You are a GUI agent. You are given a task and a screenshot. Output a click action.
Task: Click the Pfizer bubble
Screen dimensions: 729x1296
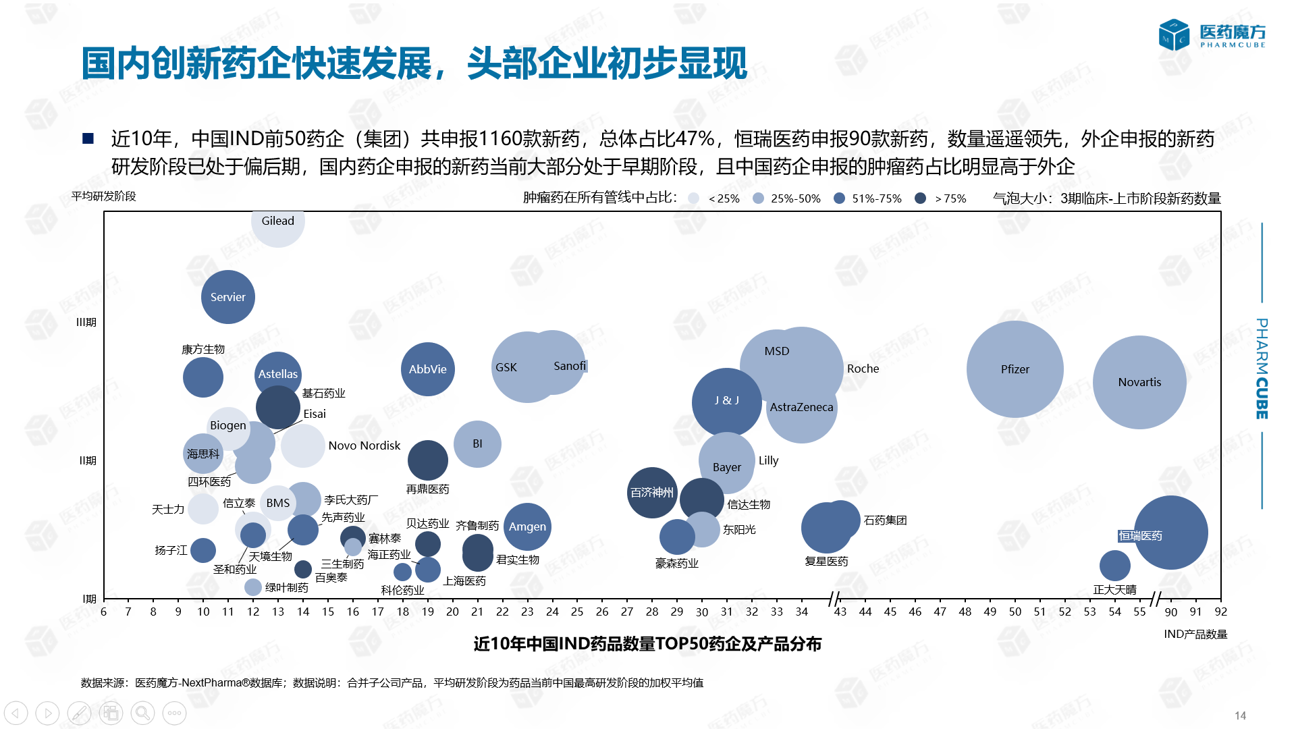click(x=1015, y=369)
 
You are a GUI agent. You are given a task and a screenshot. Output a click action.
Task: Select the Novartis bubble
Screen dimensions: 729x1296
click(x=1139, y=382)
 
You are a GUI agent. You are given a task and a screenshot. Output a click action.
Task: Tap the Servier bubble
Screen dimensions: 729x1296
click(x=228, y=297)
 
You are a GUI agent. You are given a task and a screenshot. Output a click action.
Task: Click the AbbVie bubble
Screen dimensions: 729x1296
click(x=427, y=369)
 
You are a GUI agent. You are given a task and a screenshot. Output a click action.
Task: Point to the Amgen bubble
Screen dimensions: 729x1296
click(x=527, y=526)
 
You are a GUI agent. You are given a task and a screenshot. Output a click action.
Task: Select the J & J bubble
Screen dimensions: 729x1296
click(x=726, y=402)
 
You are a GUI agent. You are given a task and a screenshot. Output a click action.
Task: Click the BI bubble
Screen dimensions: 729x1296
click(x=477, y=444)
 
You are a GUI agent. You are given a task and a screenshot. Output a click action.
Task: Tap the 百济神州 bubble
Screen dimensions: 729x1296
click(x=651, y=493)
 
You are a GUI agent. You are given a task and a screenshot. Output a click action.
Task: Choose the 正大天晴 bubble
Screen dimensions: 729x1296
click(x=1114, y=566)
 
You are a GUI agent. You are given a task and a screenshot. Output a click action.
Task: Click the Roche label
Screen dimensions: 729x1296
click(x=863, y=369)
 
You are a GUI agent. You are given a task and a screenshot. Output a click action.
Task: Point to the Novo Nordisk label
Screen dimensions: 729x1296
click(x=364, y=446)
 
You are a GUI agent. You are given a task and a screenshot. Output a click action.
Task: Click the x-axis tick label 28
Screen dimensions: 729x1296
click(x=651, y=612)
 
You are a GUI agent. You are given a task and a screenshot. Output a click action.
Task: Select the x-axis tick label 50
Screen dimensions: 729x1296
click(x=1015, y=612)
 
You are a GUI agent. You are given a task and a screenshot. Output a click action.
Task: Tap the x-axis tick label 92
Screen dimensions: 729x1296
click(x=1220, y=612)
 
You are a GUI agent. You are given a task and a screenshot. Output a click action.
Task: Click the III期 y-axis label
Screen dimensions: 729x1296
click(x=86, y=322)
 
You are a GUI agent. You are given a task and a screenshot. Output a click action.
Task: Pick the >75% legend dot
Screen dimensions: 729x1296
click(x=920, y=198)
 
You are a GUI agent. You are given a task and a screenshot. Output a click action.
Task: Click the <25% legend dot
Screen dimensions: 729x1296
click(x=693, y=198)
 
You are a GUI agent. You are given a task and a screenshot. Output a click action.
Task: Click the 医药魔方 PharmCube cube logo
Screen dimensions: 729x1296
click(x=1174, y=35)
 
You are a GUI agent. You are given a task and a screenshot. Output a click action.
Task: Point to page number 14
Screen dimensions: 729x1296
click(x=1240, y=715)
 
